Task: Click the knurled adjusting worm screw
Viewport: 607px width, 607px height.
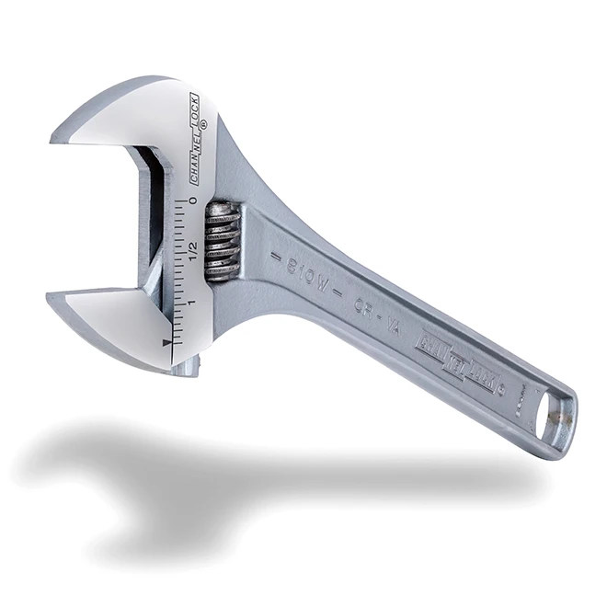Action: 222,240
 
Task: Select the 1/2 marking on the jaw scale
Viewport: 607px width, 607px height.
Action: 194,249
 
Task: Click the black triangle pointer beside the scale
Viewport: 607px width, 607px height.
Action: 166,343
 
